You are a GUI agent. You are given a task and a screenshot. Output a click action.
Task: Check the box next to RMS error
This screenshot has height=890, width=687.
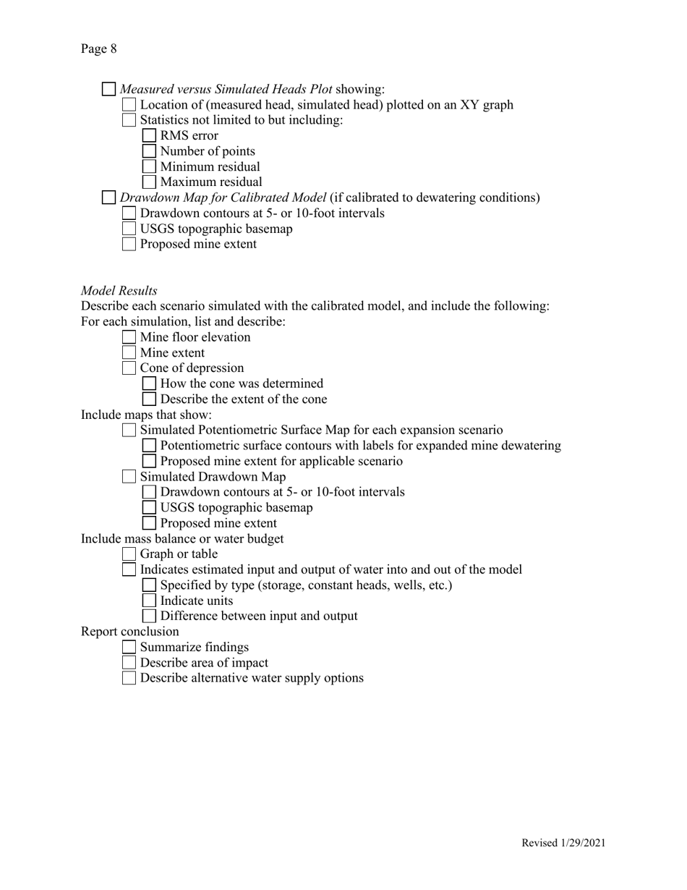point(149,135)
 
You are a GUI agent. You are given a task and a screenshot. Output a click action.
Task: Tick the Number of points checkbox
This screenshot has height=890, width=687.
point(149,151)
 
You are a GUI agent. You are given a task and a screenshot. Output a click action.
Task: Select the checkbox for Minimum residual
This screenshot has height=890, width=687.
point(149,166)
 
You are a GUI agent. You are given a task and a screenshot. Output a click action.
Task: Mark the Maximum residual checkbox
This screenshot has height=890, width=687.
point(149,182)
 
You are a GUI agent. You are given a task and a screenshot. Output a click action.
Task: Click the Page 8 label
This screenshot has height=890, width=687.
point(98,49)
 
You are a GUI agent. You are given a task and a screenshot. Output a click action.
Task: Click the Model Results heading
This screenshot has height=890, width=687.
point(119,290)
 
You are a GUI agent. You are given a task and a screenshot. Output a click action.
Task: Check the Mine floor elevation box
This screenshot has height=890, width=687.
point(129,337)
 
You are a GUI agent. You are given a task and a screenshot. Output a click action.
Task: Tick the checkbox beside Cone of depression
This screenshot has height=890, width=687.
point(129,368)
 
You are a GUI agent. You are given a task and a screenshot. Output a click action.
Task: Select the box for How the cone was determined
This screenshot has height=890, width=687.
point(149,383)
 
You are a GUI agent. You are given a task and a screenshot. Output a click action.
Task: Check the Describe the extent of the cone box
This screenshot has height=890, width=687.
point(149,399)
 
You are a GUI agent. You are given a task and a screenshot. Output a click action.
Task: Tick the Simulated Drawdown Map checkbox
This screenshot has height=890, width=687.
point(129,476)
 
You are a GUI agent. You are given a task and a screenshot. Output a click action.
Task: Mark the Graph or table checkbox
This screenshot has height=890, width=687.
point(129,554)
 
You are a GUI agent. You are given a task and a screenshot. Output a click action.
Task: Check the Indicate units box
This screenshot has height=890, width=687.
point(149,601)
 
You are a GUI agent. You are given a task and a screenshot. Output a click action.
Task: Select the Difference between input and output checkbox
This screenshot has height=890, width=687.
point(149,616)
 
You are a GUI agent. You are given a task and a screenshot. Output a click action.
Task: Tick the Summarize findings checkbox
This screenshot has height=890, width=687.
point(129,647)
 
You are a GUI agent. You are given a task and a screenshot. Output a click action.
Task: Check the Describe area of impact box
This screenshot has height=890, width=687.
point(129,663)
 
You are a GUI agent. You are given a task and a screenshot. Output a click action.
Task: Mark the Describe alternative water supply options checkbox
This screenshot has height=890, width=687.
point(129,678)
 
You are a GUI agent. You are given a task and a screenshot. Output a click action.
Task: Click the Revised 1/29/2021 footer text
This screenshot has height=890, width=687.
point(563,842)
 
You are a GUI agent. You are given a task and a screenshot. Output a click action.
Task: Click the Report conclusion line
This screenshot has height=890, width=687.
point(129,632)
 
